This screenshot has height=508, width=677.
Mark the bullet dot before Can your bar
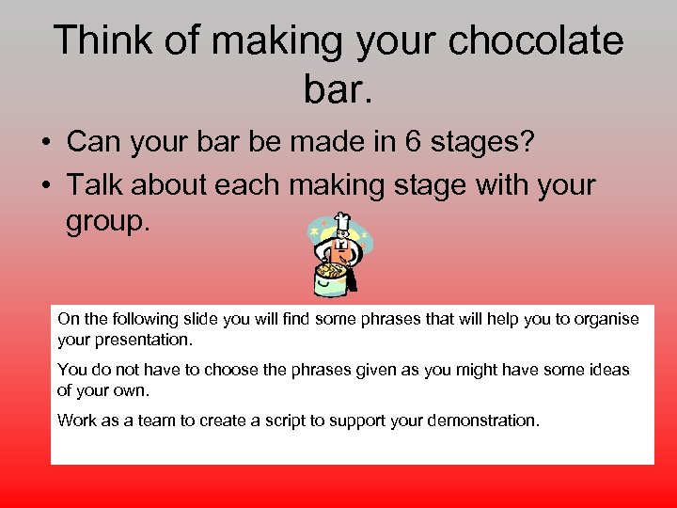coord(45,143)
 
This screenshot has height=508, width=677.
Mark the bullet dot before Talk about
coord(45,185)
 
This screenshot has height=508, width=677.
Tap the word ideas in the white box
coord(607,370)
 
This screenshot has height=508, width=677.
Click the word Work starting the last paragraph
coord(75,421)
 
